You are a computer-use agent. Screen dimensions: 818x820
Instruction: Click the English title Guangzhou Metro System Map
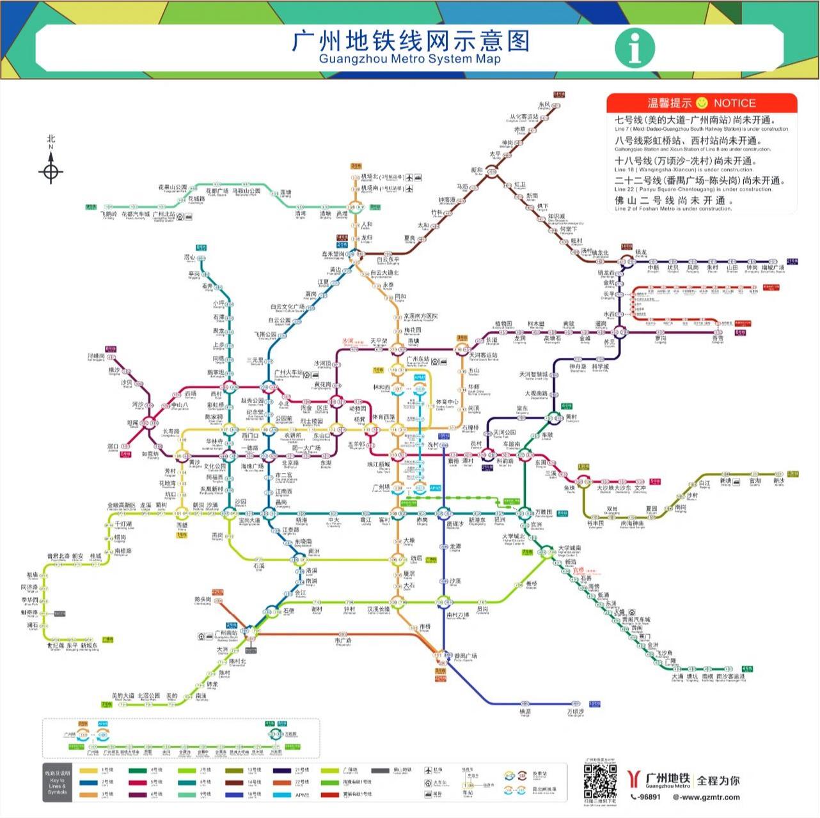[x=409, y=59]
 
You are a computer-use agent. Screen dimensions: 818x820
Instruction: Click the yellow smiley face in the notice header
[x=702, y=102]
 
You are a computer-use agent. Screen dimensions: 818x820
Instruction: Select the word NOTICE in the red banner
[x=734, y=103]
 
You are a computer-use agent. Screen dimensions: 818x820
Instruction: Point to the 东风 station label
[x=544, y=104]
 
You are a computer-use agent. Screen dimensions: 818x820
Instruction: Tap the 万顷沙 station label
[x=575, y=711]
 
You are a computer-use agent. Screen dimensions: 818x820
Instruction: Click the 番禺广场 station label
[x=466, y=656]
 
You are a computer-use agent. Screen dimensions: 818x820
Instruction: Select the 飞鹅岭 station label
[x=109, y=215]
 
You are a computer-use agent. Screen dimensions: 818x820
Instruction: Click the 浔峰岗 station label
[x=96, y=356]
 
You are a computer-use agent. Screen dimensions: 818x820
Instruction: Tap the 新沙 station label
[x=778, y=481]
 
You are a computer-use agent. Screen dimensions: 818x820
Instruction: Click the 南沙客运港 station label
[x=730, y=676]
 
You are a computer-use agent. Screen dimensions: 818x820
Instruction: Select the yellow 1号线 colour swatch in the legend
[x=88, y=770]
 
